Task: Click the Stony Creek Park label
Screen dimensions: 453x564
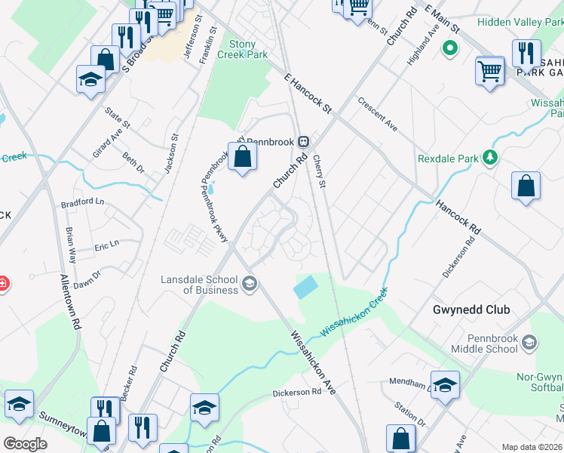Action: [x=243, y=50]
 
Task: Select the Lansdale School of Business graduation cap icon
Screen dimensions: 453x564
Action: [x=250, y=285]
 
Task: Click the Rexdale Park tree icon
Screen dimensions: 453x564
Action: [x=491, y=157]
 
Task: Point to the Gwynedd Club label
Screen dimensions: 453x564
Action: [x=471, y=310]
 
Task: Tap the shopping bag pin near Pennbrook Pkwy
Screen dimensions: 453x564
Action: [x=243, y=157]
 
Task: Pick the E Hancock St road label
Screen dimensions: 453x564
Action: [x=308, y=93]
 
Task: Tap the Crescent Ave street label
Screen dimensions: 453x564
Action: [x=378, y=112]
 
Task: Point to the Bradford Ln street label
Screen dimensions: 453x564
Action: [x=82, y=202]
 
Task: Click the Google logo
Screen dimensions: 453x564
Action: [x=25, y=444]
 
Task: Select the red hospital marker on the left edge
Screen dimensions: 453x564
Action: [x=2, y=285]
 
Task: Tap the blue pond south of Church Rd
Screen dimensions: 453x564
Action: [x=305, y=287]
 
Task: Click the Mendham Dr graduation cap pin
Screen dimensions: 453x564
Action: [x=445, y=384]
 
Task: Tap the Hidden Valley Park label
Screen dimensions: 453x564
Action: [x=520, y=23]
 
